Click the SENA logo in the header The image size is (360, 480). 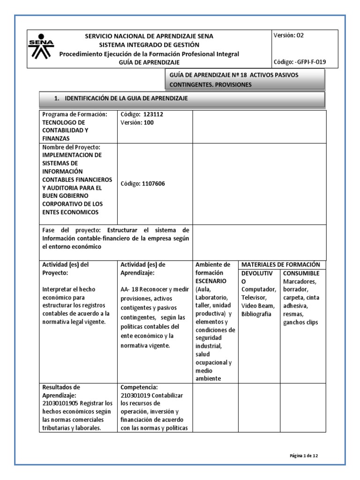(41, 46)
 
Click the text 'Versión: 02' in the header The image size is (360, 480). (291, 35)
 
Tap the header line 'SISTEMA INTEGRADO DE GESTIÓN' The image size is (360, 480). (149, 45)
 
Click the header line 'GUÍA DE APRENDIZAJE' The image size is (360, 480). (149, 62)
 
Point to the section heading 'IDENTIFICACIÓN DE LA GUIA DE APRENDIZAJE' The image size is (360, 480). (126, 98)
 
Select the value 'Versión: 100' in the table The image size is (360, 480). (137, 122)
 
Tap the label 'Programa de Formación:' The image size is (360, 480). (75, 114)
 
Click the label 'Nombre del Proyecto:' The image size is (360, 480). (72, 147)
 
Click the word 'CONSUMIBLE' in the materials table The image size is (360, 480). (301, 273)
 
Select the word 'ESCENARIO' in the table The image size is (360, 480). (211, 281)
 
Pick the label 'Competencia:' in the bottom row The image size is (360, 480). (140, 387)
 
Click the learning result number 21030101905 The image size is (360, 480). (61, 403)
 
